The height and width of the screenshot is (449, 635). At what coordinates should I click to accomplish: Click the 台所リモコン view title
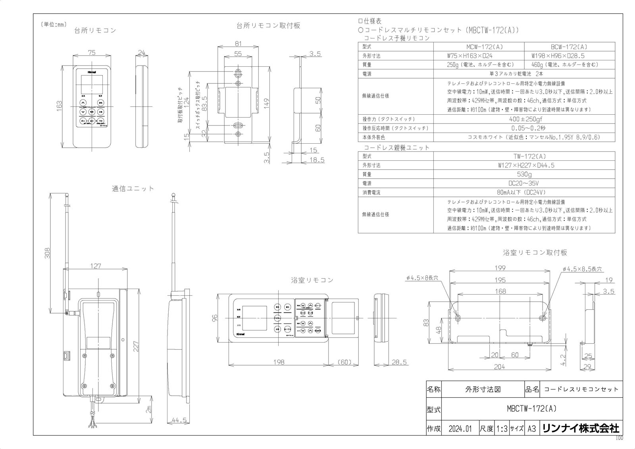95,31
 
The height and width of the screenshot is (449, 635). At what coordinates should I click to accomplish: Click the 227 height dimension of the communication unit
136,347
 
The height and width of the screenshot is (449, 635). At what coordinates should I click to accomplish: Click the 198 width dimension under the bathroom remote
279,362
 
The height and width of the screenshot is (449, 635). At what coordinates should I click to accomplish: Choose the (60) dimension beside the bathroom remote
344,362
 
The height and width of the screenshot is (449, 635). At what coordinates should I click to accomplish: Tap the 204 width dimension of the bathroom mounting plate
499,367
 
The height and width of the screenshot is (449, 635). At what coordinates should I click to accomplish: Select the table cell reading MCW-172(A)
479,46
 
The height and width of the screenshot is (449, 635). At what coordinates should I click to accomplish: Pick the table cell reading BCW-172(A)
569,46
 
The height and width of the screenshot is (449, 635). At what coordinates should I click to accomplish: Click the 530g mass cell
524,174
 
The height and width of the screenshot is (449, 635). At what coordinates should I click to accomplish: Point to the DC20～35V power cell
524,183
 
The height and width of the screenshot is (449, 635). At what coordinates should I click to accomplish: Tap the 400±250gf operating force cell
524,119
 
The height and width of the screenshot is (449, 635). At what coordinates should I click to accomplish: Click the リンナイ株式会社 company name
580,428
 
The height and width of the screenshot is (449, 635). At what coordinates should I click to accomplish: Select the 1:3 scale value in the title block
502,429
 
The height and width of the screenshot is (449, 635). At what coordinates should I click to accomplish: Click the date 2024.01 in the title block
460,429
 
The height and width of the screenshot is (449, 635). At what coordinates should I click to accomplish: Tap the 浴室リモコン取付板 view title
535,252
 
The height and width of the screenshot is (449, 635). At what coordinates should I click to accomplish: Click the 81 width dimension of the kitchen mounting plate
238,44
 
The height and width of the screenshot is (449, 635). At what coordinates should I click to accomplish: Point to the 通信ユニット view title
133,189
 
